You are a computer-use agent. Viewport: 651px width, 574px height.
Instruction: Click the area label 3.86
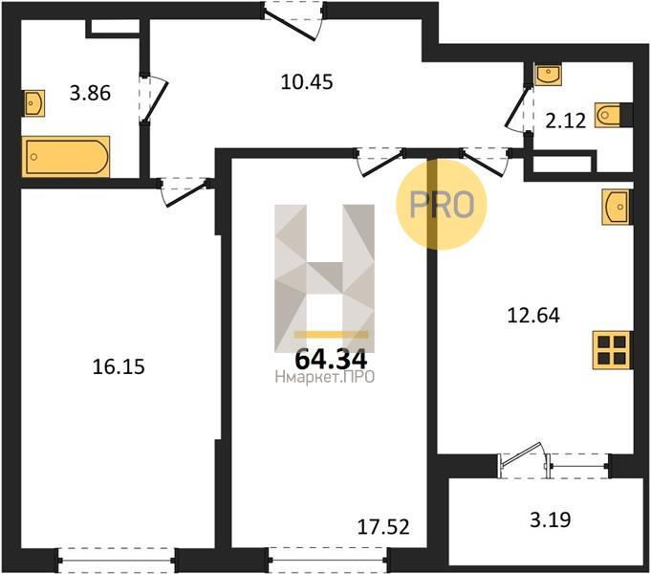tap(90, 93)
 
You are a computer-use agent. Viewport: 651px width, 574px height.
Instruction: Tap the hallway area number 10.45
tap(307, 82)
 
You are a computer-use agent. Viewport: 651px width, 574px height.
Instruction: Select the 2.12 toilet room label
tap(565, 121)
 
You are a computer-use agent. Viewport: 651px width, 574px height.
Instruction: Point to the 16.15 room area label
tap(119, 366)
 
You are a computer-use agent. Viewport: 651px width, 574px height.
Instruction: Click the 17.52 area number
tap(383, 526)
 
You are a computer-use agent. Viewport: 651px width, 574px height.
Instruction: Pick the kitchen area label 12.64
tap(533, 315)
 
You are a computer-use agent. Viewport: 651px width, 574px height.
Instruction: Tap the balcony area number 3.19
tap(551, 519)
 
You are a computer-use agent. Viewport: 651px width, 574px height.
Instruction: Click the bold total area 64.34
tap(331, 360)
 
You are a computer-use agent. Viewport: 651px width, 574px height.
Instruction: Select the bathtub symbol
tap(66, 157)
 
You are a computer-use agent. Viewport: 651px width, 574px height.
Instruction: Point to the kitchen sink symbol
tap(618, 207)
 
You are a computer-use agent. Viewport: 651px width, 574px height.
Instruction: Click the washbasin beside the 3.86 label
tap(33, 103)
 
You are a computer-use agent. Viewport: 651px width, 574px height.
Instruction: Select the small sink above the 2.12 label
tap(548, 75)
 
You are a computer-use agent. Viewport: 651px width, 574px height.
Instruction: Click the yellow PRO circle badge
tap(441, 205)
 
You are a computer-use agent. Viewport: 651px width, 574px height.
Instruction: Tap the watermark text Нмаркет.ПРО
tap(325, 377)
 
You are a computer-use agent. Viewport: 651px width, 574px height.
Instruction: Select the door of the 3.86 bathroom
tap(153, 99)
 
